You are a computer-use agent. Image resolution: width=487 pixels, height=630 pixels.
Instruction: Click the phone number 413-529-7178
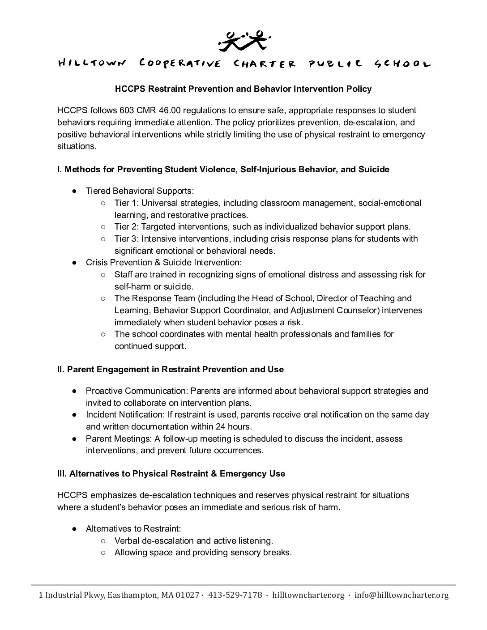tap(235, 595)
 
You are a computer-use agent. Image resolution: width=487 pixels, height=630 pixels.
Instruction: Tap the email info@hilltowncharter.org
tap(401, 595)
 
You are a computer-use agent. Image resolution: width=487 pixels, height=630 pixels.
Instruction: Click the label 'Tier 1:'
tap(127, 203)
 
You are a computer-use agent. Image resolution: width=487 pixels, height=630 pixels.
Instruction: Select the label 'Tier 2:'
tap(127, 227)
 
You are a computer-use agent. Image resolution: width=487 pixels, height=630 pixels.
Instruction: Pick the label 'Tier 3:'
tap(127, 239)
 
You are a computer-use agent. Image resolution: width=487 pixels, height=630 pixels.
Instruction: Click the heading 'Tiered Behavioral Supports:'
tap(140, 191)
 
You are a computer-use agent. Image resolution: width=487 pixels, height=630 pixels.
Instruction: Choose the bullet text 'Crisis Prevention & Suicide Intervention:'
tap(163, 263)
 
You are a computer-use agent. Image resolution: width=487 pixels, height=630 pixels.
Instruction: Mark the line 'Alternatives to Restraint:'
tap(133, 529)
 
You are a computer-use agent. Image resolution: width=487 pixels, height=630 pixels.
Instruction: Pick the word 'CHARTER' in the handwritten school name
tap(265, 64)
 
